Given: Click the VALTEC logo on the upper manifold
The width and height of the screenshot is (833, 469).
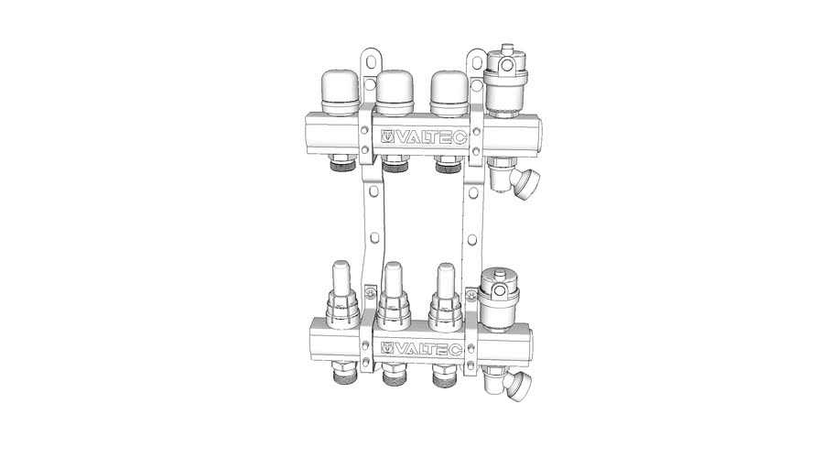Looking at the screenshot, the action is [x=424, y=137].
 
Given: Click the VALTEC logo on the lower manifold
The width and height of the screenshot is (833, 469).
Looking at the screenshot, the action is [x=421, y=349].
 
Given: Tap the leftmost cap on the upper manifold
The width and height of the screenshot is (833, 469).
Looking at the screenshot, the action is [x=341, y=93].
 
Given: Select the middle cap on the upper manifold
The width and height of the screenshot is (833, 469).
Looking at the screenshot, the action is [x=395, y=93].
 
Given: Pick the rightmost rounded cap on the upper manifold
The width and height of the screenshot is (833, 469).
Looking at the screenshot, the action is [x=449, y=93].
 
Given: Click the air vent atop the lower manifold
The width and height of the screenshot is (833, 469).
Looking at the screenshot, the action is [x=500, y=299].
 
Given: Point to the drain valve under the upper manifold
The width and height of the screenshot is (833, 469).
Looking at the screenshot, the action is [x=511, y=178].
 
